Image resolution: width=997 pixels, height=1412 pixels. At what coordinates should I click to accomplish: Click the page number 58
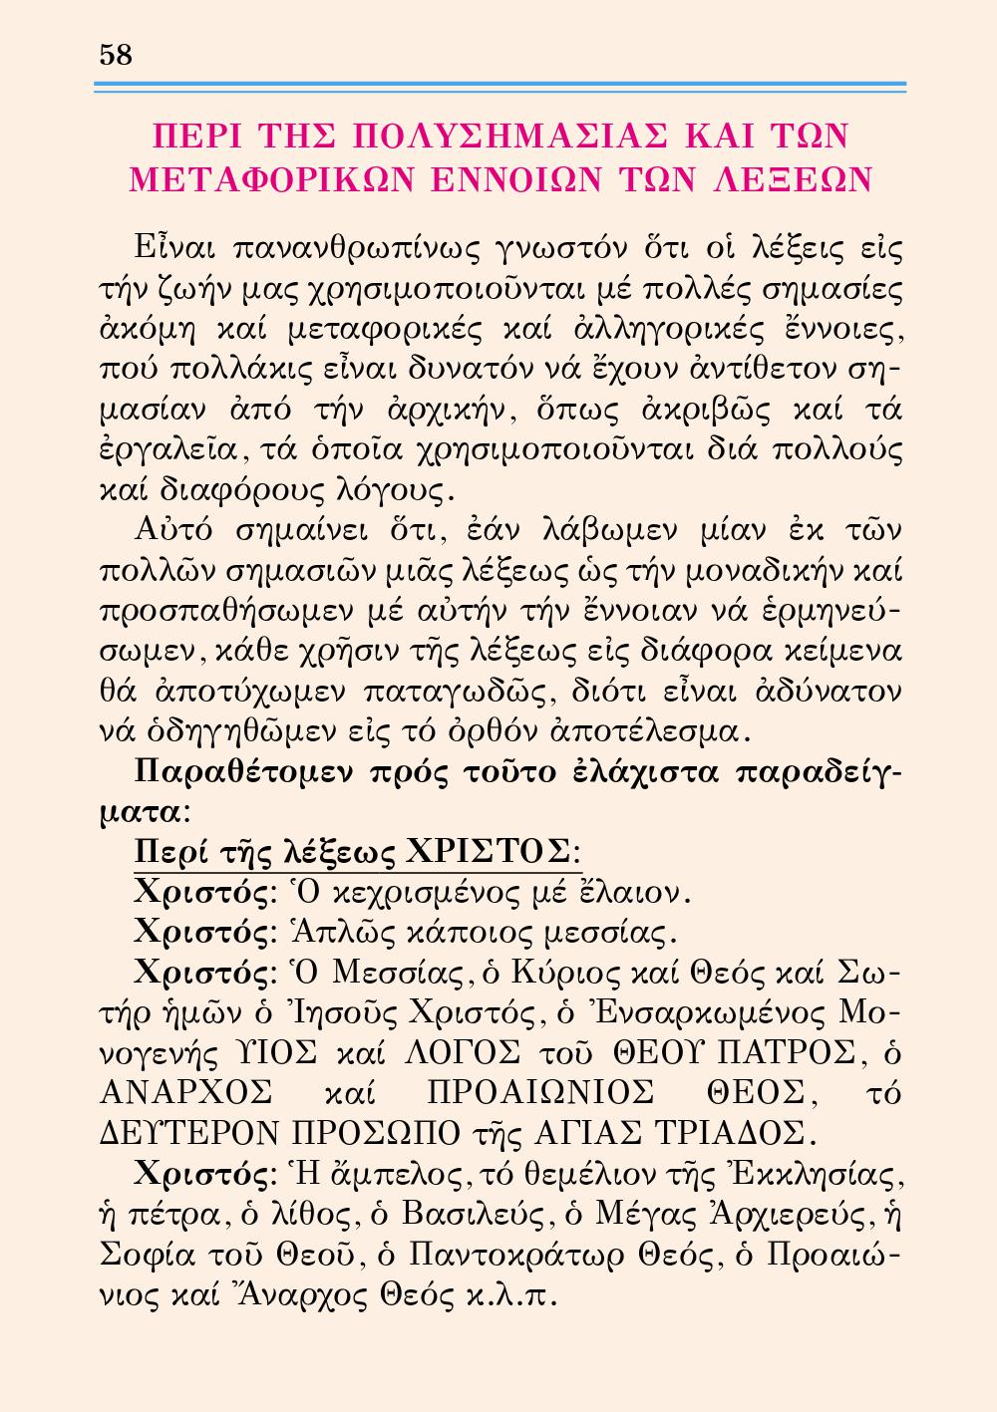(x=117, y=55)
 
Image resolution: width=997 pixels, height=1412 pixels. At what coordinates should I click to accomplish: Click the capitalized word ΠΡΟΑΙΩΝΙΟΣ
(x=539, y=1093)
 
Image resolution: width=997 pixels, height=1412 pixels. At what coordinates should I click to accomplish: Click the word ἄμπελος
(x=404, y=1177)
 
